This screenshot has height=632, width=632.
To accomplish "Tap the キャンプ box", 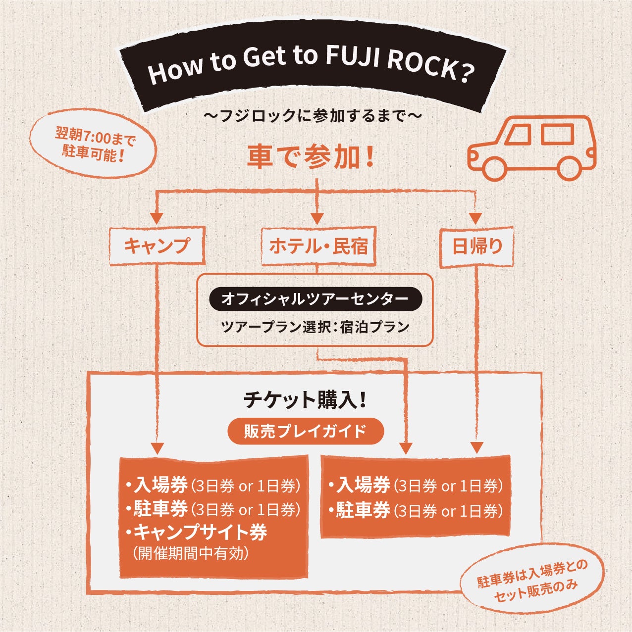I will point(157,246).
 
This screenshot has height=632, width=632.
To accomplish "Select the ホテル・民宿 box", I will point(318,246).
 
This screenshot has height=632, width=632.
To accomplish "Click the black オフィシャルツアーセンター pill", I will point(315,299).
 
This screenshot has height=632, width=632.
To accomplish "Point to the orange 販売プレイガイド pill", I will point(305,432).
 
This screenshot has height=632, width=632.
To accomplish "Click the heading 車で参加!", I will point(311,157).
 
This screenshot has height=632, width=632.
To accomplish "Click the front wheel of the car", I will point(495,168).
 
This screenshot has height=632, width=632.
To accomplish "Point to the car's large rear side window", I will point(557,134).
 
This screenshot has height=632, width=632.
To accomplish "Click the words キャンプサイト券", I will point(200,533).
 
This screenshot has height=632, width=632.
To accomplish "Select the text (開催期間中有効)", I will point(191,553).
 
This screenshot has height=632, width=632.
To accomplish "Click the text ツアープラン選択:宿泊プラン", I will point(315,327).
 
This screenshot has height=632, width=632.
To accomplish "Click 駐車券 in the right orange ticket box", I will point(363,510).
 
